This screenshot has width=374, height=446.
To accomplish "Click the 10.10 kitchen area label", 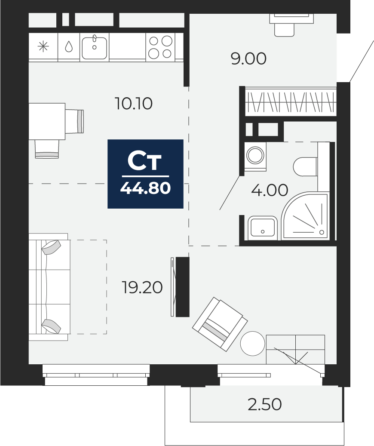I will click(134, 104).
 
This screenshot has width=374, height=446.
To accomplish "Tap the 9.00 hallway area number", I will click(248, 59).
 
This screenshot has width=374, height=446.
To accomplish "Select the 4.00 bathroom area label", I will click(270, 190).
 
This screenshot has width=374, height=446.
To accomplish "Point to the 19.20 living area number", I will click(142, 288).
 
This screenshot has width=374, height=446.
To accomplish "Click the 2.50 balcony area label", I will click(265, 404).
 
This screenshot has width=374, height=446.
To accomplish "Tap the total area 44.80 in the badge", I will click(145, 188).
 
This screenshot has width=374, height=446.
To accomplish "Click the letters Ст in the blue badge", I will click(145, 162).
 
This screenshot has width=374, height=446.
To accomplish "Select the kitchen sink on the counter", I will click(94, 47).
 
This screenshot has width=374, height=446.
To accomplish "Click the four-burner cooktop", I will click(160, 47).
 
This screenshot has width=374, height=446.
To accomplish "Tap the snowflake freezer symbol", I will click(43, 47).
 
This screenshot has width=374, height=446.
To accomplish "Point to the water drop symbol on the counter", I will click(69, 47).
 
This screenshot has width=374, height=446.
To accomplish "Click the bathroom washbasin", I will click(262, 227).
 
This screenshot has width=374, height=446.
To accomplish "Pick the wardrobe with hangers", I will click(291, 102).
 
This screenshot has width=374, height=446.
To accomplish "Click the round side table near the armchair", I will click(253, 343).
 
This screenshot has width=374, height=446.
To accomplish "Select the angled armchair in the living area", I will click(220, 324).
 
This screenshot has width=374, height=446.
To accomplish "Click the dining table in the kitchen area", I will click(47, 121).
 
